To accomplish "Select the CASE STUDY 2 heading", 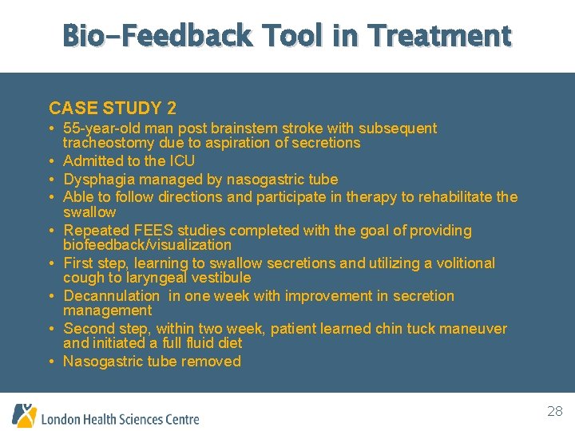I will click(113, 108).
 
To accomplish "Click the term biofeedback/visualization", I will click(147, 245).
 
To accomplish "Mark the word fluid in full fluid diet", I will click(179, 343).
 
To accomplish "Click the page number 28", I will click(554, 412).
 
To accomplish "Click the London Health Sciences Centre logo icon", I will click(24, 416).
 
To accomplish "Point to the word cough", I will click(82, 278).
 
